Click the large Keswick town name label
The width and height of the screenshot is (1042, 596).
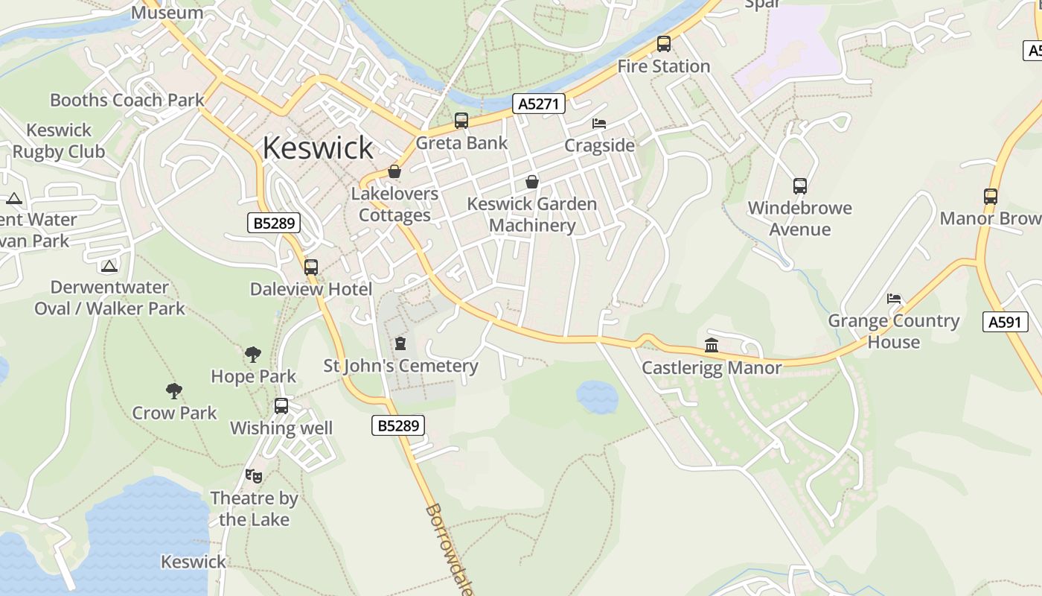318,148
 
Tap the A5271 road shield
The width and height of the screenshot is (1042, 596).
538,104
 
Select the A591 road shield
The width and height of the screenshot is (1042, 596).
1005,322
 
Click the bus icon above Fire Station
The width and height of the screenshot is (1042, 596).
663,44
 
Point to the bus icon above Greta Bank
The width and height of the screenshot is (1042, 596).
461,121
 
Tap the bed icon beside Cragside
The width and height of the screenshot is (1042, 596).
598,123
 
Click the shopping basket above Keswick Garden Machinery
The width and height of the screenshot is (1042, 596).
532,181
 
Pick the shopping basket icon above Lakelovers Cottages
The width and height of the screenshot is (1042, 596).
394,171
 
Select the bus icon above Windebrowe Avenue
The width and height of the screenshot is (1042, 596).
799,186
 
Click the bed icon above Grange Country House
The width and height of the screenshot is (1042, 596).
894,298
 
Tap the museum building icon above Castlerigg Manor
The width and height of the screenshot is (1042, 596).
712,345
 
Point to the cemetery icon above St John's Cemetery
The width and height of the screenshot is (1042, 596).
400,343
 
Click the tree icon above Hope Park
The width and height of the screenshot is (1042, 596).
253,354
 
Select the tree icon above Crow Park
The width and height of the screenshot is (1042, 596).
174,390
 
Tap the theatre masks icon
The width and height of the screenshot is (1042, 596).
254,475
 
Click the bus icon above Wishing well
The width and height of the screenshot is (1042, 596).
281,406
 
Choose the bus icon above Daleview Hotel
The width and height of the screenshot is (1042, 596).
311,267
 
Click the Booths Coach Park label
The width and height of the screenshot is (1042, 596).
127,100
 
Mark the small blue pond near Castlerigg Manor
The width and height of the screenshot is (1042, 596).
597,396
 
